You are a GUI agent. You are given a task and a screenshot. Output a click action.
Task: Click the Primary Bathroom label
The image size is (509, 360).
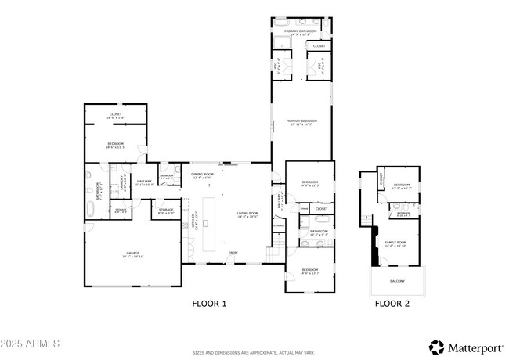point(302,31)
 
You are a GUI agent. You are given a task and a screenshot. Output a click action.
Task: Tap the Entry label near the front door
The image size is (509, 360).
point(233,252)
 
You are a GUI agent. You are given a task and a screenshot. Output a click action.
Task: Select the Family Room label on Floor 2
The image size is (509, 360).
point(395,243)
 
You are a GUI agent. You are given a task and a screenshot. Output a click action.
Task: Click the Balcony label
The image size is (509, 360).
point(397,280)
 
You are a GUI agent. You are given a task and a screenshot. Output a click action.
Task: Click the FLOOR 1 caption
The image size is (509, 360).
point(209,303)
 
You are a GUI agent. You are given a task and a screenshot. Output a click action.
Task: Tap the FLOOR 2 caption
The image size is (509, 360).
point(392,303)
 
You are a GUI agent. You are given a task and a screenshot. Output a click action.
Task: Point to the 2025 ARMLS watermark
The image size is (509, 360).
point(32,344)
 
